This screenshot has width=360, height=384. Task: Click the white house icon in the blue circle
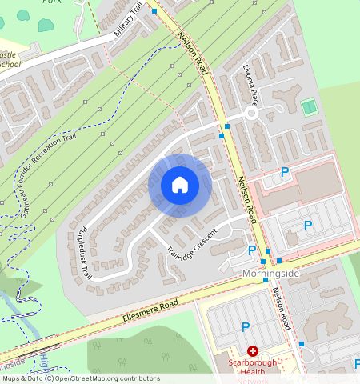point(180,185)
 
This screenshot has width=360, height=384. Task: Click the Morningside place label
point(270,274)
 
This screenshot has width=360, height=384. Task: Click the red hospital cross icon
point(253,351)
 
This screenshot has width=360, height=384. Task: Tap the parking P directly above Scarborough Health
point(246,326)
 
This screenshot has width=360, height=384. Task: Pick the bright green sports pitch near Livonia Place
point(308,106)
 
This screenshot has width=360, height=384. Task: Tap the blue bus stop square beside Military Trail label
point(154,11)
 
